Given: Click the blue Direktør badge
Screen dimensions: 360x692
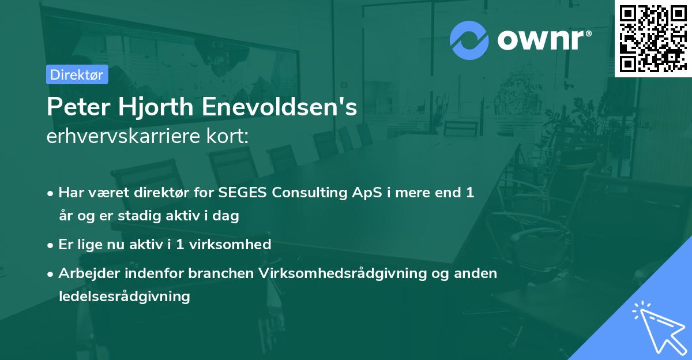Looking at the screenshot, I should [77, 74].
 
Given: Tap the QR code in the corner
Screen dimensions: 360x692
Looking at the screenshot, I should [652, 38].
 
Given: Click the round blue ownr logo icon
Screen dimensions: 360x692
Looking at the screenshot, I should [469, 40].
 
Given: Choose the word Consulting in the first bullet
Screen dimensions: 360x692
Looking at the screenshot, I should [302, 193].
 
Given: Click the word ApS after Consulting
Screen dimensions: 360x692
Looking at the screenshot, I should [352, 193].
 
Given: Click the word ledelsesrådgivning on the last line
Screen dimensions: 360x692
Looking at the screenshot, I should [124, 297].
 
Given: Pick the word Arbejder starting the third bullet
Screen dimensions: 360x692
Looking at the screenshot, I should [86, 273].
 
